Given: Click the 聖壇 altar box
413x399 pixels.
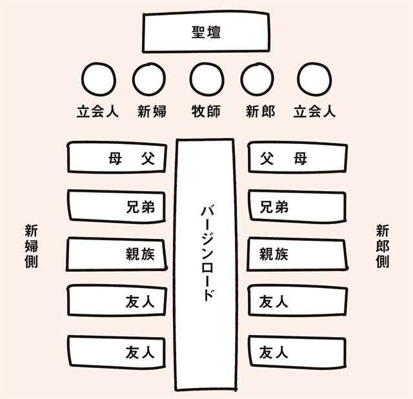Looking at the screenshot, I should [206, 33].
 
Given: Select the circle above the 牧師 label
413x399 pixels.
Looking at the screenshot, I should [206, 79].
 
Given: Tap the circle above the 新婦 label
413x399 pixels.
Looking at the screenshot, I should [149, 79].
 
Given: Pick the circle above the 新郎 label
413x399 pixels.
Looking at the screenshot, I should [257, 79].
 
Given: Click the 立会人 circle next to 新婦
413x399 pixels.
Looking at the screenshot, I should [99, 79].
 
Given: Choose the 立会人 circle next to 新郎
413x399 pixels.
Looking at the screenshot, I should [314, 79].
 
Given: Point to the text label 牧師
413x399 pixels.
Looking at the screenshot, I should [206, 111].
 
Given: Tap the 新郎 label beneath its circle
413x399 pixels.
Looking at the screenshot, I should [260, 111].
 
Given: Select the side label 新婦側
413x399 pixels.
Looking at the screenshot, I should [32, 246].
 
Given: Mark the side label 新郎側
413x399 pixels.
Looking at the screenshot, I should [382, 246].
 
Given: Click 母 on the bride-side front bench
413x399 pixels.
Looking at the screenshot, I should [115, 159].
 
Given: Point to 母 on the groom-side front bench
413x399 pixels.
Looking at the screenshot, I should [300, 159].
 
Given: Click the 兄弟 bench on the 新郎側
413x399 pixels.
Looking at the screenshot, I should [297, 207].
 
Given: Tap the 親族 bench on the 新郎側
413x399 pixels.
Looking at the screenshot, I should [297, 254].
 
